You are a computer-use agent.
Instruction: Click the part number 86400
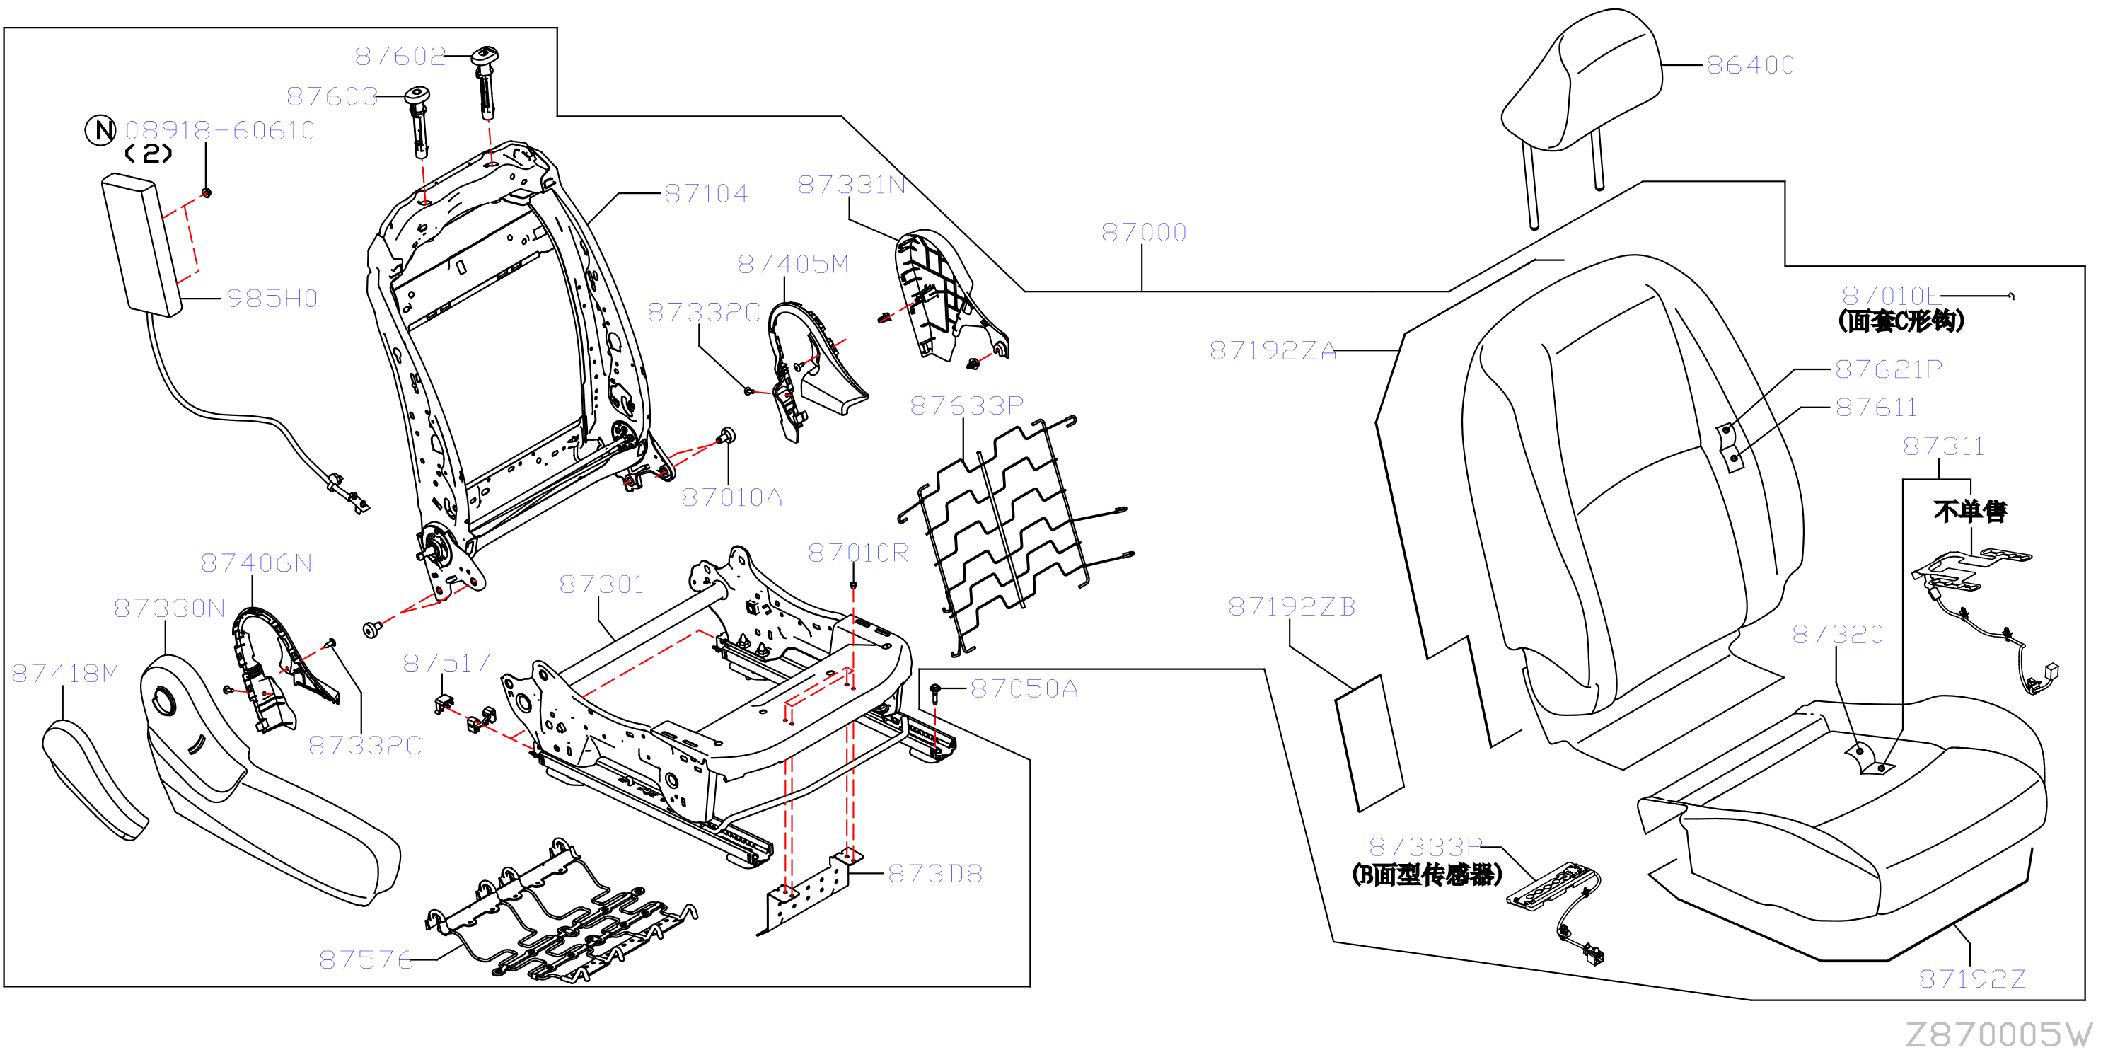pos(1749,64)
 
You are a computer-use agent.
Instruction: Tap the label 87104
pos(706,194)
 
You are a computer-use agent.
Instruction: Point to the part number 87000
pos(1143,232)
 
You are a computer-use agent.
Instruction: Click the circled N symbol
pos(100,130)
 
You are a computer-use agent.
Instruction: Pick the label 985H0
pos(272,299)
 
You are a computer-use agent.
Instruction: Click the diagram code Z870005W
pos(1998,1034)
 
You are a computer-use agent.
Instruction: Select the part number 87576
pos(366,959)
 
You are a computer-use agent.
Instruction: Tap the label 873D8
pos(934,874)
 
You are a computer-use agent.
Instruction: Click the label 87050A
pos(1024,689)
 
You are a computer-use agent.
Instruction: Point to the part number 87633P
pos(966,406)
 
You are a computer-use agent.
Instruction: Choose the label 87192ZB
pos(1291,606)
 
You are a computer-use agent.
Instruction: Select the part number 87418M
pos(66,674)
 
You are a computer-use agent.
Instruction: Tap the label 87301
pos(601,584)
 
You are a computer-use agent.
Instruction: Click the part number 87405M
pos(793,265)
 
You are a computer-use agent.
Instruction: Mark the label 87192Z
pos(1972,979)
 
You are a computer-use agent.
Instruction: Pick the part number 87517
pos(446,663)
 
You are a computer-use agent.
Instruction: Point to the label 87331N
pos(851,185)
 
